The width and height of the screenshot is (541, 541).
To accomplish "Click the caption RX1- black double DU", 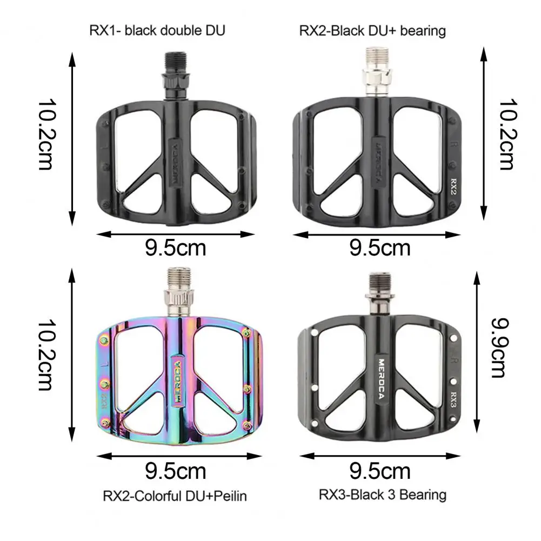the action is [157, 30].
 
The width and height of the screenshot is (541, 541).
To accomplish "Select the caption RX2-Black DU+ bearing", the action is [372, 31].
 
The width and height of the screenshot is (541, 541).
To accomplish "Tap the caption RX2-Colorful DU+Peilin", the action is [175, 496].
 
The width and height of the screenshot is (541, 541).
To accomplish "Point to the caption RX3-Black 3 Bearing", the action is [382, 495].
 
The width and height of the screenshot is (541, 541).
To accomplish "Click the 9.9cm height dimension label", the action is [499, 348].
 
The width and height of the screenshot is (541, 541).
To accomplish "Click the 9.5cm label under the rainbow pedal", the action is [175, 471].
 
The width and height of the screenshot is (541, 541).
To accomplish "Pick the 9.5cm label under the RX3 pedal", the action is [380, 471].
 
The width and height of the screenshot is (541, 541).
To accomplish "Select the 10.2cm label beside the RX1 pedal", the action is [46, 135].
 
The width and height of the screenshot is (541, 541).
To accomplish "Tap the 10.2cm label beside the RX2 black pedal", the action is [508, 135].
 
